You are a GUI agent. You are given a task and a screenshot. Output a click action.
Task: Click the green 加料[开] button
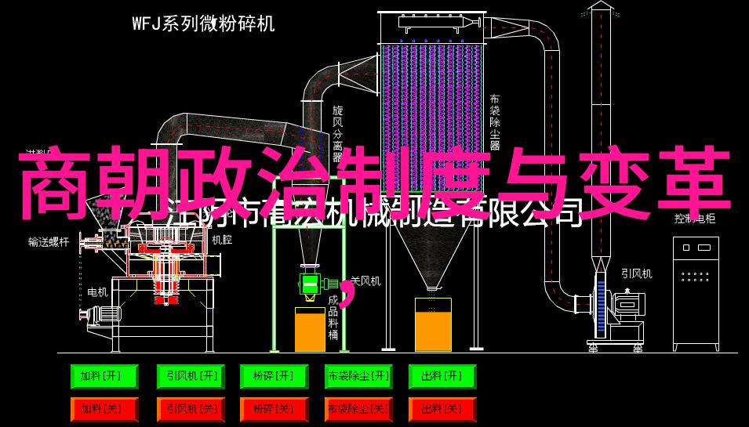104,377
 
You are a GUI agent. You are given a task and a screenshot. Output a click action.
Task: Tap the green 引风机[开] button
189,377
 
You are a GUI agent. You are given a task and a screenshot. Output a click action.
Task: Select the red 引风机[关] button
189,408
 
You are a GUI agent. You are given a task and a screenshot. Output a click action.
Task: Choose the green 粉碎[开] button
274,377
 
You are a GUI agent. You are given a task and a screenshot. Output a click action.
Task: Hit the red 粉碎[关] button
274,408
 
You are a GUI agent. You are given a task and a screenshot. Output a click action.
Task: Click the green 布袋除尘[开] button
358,377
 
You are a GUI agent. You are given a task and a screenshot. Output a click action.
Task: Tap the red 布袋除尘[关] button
358,408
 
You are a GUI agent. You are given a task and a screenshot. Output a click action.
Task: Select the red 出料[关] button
442,408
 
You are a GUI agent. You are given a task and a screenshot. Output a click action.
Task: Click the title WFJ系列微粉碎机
203,24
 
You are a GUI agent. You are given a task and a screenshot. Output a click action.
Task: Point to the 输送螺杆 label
48,242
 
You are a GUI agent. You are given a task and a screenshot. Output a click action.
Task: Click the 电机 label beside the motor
97,291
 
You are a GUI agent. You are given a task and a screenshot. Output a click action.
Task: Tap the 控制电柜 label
694,219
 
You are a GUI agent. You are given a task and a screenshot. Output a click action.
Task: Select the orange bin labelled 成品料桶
310,329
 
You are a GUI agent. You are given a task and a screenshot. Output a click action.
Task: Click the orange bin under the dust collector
433,329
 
